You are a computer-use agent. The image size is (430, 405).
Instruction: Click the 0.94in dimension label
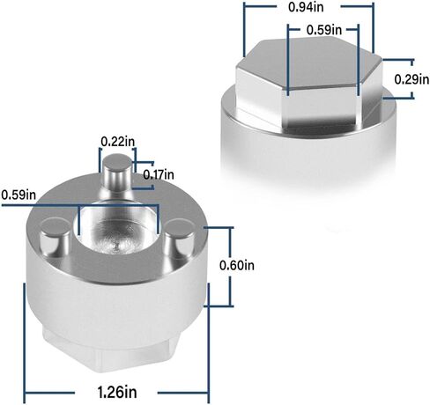[306, 7]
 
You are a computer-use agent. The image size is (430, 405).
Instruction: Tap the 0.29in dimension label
[411, 79]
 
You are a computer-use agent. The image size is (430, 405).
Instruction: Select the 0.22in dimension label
[118, 142]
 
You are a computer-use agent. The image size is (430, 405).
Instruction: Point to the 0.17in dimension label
[159, 175]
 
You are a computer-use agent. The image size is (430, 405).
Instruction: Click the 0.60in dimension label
[237, 265]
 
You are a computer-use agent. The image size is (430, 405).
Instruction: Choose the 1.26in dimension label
[117, 392]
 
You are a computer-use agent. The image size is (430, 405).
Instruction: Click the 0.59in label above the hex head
[324, 30]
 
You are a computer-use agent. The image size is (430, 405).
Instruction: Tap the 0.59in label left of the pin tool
[19, 195]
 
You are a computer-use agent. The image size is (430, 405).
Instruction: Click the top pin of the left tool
[117, 174]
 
